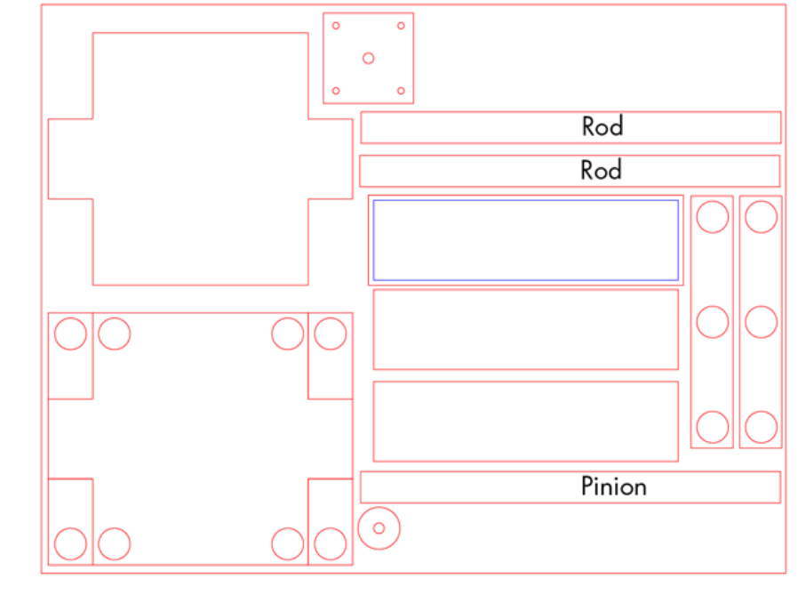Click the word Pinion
tap(613, 486)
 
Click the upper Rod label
tap(603, 126)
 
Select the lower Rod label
tap(601, 170)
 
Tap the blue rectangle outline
tap(525, 201)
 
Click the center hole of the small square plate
tap(368, 59)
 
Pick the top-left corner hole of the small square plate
tap(336, 26)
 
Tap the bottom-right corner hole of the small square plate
tap(401, 91)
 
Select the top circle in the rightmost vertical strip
tap(761, 217)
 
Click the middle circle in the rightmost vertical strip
tap(761, 322)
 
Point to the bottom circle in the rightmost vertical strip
tap(761, 427)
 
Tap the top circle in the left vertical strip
tap(712, 217)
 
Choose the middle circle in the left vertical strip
tap(712, 322)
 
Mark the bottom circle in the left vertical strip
tap(712, 427)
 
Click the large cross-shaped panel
tap(200, 158)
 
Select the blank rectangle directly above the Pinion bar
tap(525, 422)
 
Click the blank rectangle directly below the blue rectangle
tap(525, 329)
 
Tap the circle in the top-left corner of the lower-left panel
tap(70, 334)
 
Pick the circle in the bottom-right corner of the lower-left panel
tap(330, 544)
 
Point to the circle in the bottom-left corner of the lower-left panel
tap(70, 544)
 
